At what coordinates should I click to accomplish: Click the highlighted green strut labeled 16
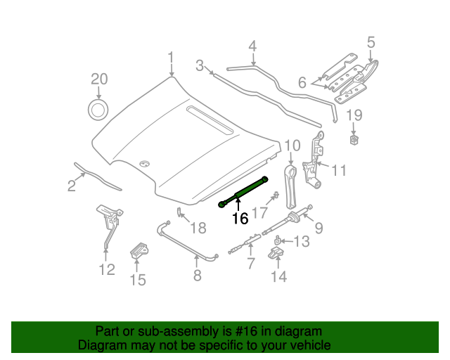(x=244, y=191)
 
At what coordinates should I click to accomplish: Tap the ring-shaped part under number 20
(x=98, y=109)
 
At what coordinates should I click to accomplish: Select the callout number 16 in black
(x=240, y=219)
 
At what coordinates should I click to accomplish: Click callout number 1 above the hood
(x=170, y=57)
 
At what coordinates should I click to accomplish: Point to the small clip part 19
(x=354, y=140)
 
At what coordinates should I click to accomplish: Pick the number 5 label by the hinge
(x=371, y=44)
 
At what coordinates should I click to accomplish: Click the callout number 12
(x=107, y=269)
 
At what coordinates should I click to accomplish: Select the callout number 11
(x=339, y=170)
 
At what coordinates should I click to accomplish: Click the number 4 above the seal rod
(x=252, y=47)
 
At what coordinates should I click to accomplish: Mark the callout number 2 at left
(x=72, y=186)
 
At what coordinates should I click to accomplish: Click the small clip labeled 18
(x=179, y=212)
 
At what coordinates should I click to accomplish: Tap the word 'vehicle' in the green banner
(x=311, y=346)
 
